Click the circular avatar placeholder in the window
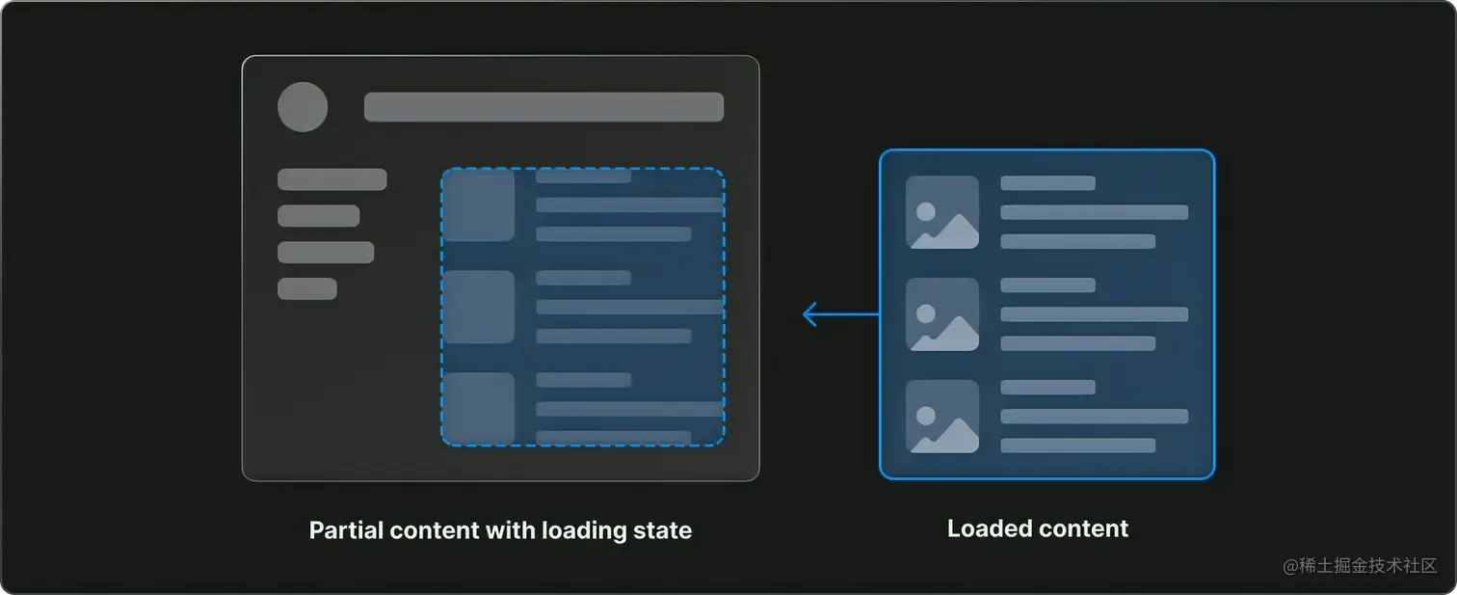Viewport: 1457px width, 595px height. [x=303, y=107]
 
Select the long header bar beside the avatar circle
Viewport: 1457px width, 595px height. [x=543, y=107]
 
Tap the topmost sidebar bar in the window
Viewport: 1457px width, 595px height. [x=331, y=179]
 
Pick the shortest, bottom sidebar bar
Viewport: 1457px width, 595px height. [x=306, y=288]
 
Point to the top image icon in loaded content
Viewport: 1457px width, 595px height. [x=942, y=212]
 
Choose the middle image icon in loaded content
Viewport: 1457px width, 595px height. [x=942, y=314]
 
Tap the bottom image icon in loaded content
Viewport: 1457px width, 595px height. [x=942, y=417]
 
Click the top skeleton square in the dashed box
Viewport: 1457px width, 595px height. [x=478, y=205]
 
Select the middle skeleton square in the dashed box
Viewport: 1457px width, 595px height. [x=478, y=307]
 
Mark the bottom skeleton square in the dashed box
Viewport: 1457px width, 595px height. [x=478, y=408]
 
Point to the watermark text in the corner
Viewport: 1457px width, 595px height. [x=1360, y=566]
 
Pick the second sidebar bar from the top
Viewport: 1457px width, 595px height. [x=318, y=216]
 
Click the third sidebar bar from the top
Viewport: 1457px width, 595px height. [x=325, y=253]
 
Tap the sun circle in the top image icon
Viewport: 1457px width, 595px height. [x=926, y=210]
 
